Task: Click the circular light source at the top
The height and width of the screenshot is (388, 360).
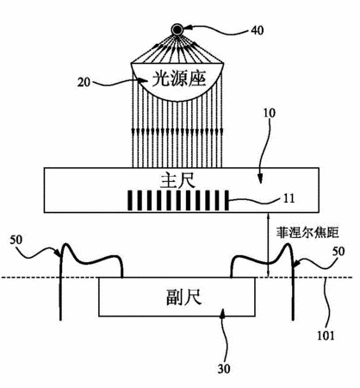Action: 177,29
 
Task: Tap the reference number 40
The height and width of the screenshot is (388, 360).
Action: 257,30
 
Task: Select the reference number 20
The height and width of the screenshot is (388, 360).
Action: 84,83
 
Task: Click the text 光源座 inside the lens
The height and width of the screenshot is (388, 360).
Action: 178,78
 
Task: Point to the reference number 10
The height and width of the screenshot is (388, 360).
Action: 269,113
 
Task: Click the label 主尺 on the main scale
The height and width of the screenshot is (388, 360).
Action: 177,181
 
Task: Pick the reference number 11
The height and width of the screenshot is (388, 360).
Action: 289,198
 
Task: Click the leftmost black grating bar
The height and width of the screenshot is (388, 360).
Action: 130,200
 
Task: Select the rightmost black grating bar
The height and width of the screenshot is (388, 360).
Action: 227,200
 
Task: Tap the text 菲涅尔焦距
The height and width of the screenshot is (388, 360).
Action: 307,232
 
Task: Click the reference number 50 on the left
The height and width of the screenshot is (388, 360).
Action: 16,240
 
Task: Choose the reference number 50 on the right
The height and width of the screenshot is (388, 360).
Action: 338,252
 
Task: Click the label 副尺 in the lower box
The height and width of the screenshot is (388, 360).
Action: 183,297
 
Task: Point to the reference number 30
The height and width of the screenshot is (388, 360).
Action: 224,368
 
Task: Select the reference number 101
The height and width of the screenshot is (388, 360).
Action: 326,335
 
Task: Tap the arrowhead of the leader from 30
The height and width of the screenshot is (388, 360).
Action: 222,314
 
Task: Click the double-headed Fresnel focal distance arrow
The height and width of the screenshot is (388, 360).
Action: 268,245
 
